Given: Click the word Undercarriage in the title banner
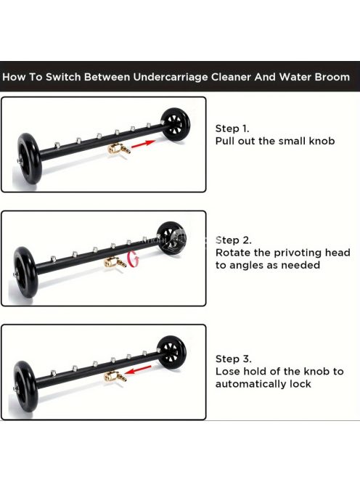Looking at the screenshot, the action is click(171, 77).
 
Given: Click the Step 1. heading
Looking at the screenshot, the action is click(232, 128).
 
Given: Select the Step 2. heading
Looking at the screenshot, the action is click(233, 240).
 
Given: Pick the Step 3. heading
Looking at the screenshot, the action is click(233, 359).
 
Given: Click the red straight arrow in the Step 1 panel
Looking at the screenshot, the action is click(144, 144).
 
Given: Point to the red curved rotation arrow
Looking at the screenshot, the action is click(133, 259).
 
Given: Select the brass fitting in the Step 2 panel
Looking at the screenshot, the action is click(115, 263).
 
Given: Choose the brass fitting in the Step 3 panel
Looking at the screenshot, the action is click(115, 376).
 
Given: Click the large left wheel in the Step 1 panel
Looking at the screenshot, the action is click(28, 158).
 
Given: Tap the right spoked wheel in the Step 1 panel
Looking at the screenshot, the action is click(176, 124).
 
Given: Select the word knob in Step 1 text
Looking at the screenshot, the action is click(322, 141).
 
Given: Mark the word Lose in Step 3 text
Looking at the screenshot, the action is click(228, 372).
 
